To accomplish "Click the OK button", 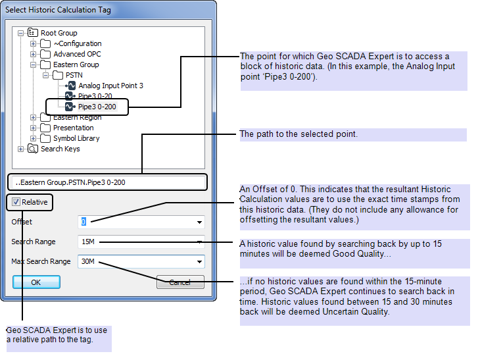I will point(36,282).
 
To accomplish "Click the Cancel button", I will point(180,282).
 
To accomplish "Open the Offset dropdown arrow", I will point(199,222).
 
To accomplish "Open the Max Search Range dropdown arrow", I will point(199,262).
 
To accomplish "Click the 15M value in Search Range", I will point(88,242).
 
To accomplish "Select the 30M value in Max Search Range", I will point(88,262).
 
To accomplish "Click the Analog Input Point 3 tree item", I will point(110,86).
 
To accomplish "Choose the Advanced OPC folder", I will point(77,54).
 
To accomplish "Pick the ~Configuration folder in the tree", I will point(77,43).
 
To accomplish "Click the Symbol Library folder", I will point(76,138).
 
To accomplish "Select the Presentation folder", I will point(73,128).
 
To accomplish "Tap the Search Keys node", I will point(60,149).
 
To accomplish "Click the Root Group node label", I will point(59,33).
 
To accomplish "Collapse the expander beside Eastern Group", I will point(34,64).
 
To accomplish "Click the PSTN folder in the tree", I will point(74,75).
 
